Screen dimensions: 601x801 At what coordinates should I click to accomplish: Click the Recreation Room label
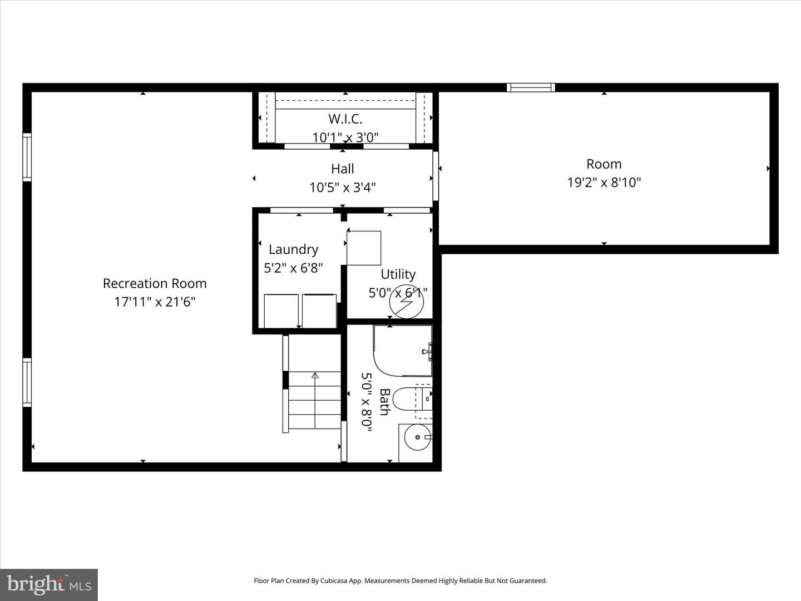coord(155,283)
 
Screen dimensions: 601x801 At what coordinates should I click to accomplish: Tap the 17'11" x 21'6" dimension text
coord(155,302)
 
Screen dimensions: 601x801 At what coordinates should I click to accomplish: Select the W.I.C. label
coord(345,119)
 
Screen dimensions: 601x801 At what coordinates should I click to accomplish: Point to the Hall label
coord(343,169)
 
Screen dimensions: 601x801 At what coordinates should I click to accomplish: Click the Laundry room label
coord(293,249)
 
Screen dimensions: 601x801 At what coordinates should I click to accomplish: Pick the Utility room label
coord(398,274)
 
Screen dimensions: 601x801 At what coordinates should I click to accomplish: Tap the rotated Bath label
coord(384,402)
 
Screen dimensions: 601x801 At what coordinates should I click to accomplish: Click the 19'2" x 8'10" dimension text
coord(604,182)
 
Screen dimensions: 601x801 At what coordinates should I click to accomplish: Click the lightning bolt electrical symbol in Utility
coord(407,302)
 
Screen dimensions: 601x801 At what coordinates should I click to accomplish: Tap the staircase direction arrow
coord(315,376)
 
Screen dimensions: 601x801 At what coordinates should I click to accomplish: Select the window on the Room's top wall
coord(531,87)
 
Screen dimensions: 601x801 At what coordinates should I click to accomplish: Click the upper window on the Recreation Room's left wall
coord(27,157)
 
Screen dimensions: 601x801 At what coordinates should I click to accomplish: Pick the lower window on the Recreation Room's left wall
coord(27,383)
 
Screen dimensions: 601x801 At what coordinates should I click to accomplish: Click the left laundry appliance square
coord(281,311)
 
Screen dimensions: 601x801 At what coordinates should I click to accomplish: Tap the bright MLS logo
coord(49,584)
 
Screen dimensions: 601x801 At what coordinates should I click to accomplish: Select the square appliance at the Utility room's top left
coord(364,248)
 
